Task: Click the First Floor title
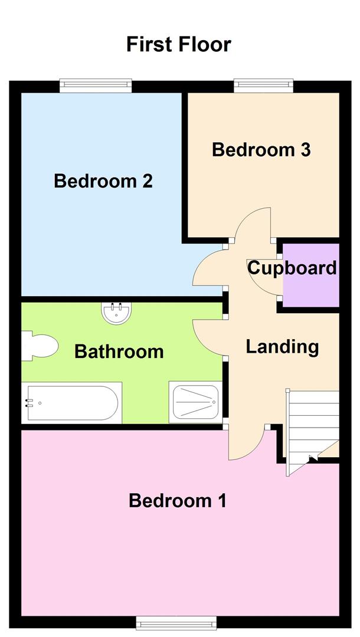179,44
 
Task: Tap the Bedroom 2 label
103,180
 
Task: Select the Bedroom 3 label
261,150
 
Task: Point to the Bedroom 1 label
178,501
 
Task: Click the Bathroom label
119,352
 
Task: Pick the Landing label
282,346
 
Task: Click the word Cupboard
292,268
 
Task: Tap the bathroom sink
116,313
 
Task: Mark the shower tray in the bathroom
194,402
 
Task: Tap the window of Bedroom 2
96,86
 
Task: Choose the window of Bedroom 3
263,86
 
